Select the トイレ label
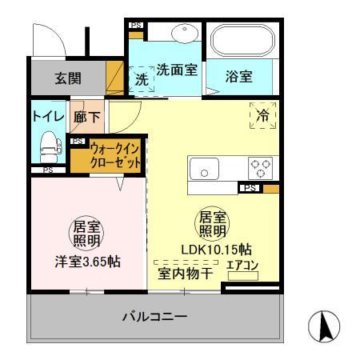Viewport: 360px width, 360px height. point(46,116)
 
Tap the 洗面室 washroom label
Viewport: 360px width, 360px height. point(176,70)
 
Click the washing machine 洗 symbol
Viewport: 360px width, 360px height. point(141,80)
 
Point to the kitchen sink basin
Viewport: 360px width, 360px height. point(206,170)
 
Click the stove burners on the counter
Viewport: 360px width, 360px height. point(261,169)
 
